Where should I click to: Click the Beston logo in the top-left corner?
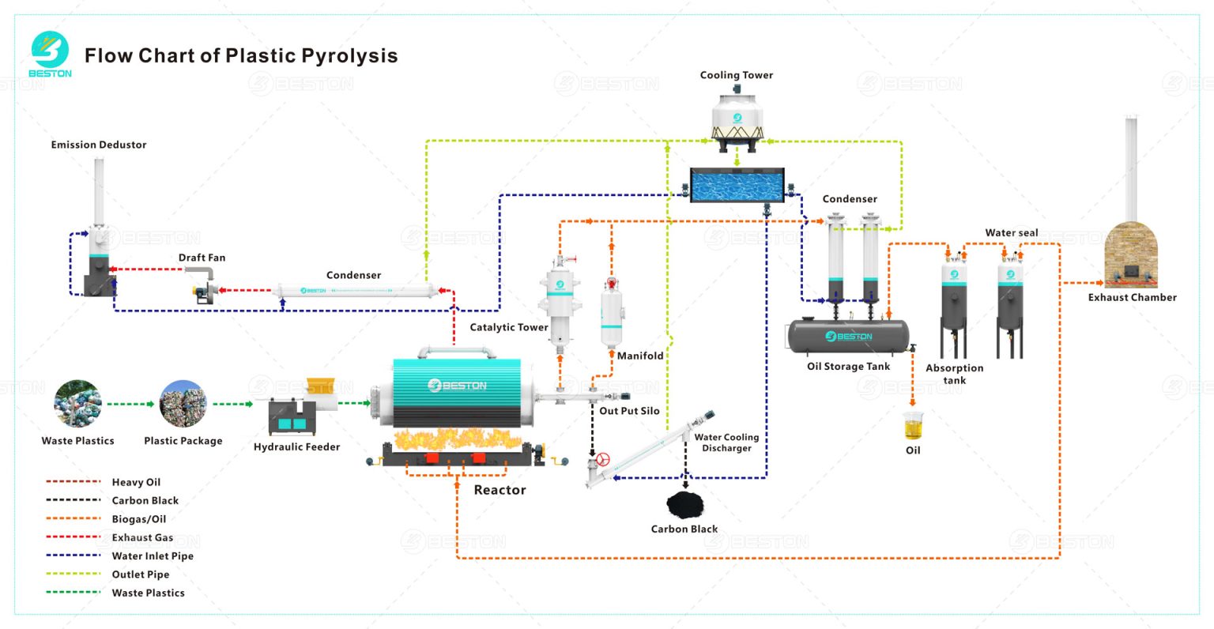(x=50, y=54)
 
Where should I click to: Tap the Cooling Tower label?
(x=736, y=75)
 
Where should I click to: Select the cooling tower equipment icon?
(x=737, y=120)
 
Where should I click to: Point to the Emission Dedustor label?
(x=99, y=145)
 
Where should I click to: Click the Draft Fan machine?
(x=204, y=285)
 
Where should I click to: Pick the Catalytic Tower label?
(x=508, y=327)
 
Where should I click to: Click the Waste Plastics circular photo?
(x=77, y=404)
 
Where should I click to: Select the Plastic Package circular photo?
(x=183, y=404)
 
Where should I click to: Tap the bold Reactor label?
(x=500, y=490)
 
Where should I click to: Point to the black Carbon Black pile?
(x=684, y=503)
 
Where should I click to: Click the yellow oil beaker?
(x=913, y=427)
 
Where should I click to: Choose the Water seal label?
(x=1011, y=232)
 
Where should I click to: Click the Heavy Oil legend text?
(x=136, y=482)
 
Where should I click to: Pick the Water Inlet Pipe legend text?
(x=153, y=556)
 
